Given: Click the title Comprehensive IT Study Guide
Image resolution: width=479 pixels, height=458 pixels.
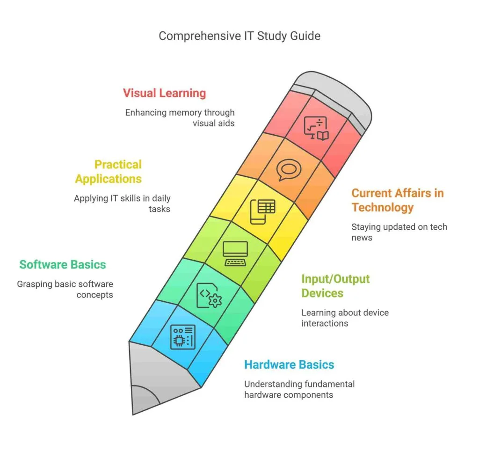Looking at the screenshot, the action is pos(239,36).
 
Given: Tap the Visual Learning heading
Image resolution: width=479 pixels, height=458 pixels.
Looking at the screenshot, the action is pos(164,93).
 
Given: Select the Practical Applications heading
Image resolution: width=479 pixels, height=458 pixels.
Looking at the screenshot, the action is pos(109,172).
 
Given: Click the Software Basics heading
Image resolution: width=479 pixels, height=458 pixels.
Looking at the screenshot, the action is pos(63,265).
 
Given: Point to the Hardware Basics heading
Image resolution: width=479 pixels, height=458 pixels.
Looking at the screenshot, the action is pos(289,364).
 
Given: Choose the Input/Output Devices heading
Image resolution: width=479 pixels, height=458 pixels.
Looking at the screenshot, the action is pos(335,286).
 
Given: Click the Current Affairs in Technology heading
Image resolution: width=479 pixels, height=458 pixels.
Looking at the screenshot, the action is pos(398,200).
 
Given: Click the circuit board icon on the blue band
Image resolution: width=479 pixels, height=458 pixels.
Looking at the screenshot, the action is pos(183,337).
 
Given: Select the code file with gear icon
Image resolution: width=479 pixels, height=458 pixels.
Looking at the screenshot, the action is pos(209,296).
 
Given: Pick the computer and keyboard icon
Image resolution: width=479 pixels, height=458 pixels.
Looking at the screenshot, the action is pos(235,254).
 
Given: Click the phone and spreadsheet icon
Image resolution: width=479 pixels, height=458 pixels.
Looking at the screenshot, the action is pos(262,212).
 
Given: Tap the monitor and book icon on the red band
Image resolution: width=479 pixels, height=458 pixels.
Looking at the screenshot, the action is pos(316,128).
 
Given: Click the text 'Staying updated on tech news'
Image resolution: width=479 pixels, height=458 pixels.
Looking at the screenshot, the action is pos(399,232).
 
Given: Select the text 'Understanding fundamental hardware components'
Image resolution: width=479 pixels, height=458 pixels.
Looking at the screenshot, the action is pos(299,389).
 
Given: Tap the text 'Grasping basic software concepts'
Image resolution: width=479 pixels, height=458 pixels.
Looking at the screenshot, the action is pos(65,289).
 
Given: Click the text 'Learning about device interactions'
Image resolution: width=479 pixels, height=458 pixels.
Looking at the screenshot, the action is pos(345,318).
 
